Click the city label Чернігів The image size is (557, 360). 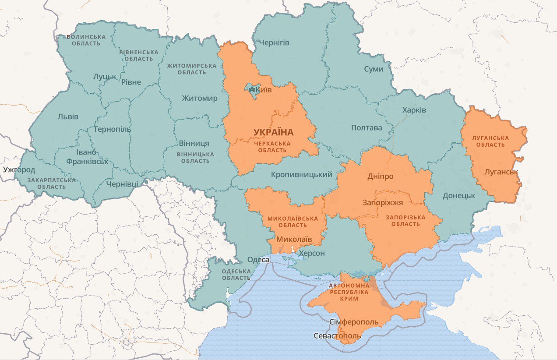tap(274, 42)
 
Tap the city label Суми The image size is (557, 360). tap(374, 69)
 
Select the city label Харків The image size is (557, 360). tap(414, 110)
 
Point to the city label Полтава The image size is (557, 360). tap(367, 128)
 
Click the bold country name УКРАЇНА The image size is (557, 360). tap(273, 132)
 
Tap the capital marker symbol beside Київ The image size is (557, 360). tap(252, 90)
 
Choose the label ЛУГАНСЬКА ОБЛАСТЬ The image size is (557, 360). tap(490, 141)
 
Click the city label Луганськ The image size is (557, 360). tap(501, 172)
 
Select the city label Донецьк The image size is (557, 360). tap(458, 195)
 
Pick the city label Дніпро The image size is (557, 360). tap(380, 176)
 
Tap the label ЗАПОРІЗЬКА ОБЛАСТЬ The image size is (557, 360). tap(405, 221)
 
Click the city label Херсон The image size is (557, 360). tap(311, 254)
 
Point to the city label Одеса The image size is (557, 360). tap(258, 260)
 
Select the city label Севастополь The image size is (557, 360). tap(337, 336)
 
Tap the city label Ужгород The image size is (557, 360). tap(18, 169)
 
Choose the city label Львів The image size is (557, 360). tap(68, 116)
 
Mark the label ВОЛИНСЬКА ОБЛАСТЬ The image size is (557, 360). tap(86, 40)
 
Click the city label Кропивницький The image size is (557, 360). tap(301, 175)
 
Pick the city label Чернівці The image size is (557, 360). tap(122, 184)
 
